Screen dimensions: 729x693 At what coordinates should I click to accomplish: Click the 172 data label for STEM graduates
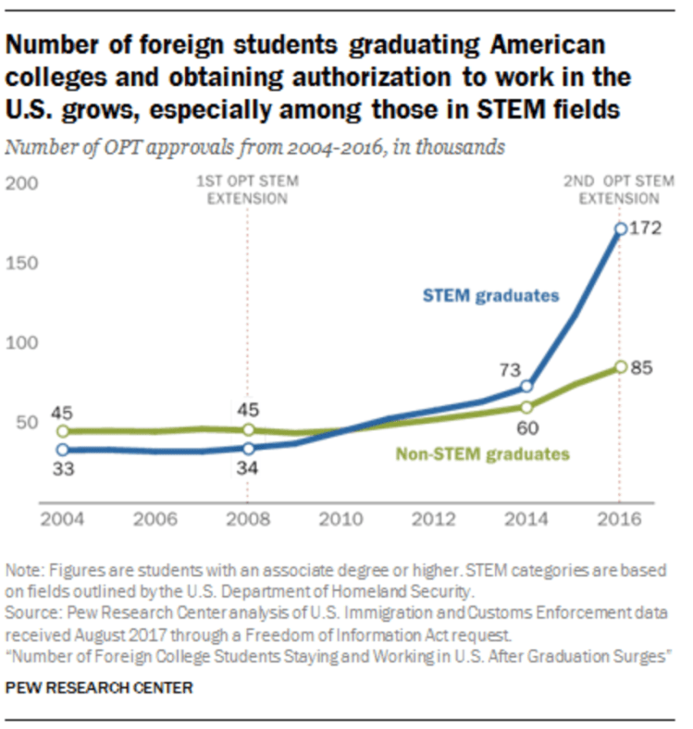tap(645, 228)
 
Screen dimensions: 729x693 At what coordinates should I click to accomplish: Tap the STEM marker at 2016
tap(621, 228)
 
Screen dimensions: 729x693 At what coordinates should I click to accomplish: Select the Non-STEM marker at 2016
tap(621, 367)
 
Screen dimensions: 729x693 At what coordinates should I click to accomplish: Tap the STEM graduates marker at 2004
tap(63, 450)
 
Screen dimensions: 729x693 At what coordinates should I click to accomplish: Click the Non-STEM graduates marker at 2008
tap(248, 430)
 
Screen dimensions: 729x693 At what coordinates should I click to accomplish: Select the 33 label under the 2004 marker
tap(63, 470)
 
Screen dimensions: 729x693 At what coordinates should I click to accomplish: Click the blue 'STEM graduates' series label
tap(490, 296)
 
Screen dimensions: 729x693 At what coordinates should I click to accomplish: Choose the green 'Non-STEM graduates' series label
tap(482, 454)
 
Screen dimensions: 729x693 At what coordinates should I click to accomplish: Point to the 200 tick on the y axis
tap(22, 184)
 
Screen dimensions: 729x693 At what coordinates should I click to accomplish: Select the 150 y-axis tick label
tap(22, 264)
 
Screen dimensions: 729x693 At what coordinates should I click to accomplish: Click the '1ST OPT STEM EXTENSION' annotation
tap(248, 189)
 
